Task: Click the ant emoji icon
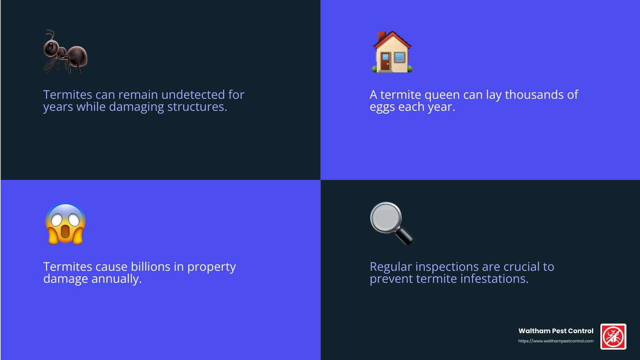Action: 65,52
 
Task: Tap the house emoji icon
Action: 392,52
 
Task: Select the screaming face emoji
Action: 65,224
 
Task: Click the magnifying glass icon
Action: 392,223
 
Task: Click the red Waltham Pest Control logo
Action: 613,336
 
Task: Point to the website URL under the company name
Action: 556,341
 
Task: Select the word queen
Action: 442,95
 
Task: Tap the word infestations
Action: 494,279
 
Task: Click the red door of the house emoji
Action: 385,62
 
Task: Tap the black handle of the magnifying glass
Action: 404,236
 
